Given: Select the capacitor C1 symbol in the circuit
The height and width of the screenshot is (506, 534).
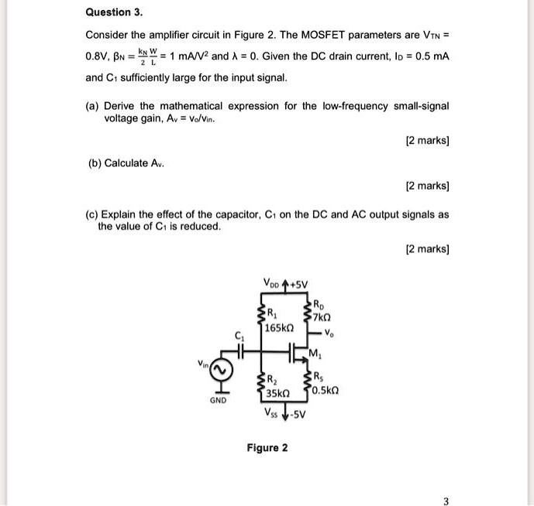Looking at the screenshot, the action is click(240, 350).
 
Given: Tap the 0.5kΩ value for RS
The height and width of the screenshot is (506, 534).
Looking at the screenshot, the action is click(328, 389).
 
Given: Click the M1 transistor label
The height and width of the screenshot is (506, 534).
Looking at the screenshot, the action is click(315, 355).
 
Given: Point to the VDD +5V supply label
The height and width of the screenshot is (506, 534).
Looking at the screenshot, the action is click(286, 282).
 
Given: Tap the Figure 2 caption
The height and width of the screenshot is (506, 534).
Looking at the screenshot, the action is click(267, 448).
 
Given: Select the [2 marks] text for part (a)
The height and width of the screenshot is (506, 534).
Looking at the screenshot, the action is click(428, 142).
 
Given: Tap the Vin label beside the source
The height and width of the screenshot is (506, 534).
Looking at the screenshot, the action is click(203, 363).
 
